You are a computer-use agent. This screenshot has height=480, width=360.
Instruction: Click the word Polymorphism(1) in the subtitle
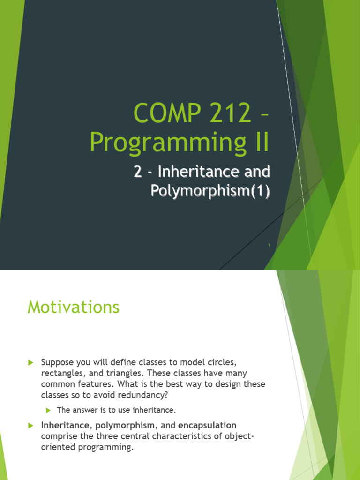point(210,191)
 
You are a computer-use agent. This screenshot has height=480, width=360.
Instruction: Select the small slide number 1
point(269,245)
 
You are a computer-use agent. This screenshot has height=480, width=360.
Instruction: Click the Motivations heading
point(74,307)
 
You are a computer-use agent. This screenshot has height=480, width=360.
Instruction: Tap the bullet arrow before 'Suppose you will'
point(30,362)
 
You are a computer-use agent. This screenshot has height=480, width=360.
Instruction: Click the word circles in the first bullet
point(222,362)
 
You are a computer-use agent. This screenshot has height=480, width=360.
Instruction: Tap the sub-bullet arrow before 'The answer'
point(48,410)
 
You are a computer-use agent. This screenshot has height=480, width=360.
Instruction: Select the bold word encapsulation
point(207,426)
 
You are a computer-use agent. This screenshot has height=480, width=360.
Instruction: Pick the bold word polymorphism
point(125,426)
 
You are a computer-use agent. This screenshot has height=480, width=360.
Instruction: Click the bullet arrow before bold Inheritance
point(30,426)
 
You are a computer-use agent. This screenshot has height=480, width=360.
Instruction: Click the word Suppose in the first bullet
point(57,363)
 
